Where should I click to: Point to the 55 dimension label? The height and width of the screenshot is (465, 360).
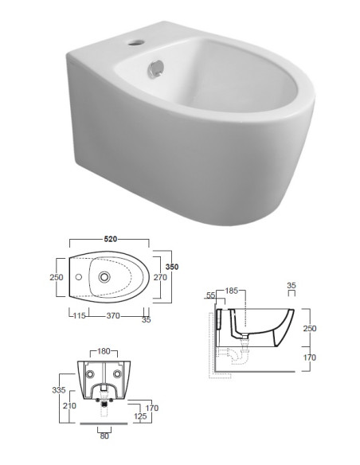point(211,295)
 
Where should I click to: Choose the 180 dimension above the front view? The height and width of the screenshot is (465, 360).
point(104,350)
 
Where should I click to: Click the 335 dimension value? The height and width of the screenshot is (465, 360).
point(57,390)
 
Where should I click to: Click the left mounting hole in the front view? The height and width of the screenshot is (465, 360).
point(90,373)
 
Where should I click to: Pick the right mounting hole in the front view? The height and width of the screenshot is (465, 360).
point(119,373)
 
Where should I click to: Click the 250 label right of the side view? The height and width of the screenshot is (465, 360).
point(311,328)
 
